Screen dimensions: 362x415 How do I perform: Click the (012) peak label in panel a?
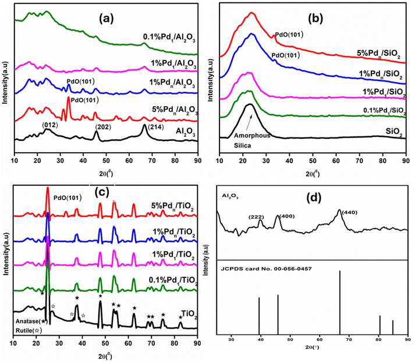48,124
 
